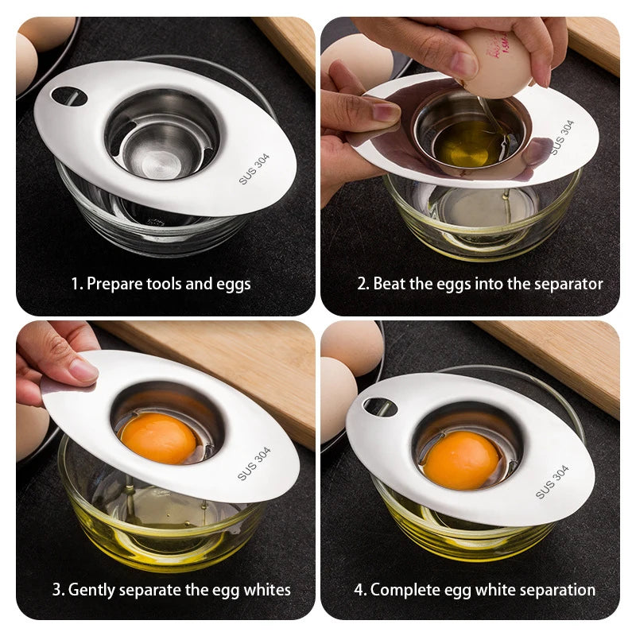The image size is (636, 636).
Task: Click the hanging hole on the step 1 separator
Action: click(x=68, y=96)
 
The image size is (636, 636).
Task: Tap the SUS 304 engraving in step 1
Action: click(x=254, y=169)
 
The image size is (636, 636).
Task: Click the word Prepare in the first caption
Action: click(x=114, y=283)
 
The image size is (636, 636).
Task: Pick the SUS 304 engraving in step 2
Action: click(x=561, y=138)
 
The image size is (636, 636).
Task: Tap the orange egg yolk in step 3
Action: click(x=157, y=438)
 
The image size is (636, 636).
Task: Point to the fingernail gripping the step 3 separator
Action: click(x=82, y=370)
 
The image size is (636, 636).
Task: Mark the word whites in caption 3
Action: click(x=267, y=590)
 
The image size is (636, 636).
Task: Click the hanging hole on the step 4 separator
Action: click(x=380, y=407)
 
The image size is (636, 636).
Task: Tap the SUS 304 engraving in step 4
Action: click(x=552, y=482)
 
